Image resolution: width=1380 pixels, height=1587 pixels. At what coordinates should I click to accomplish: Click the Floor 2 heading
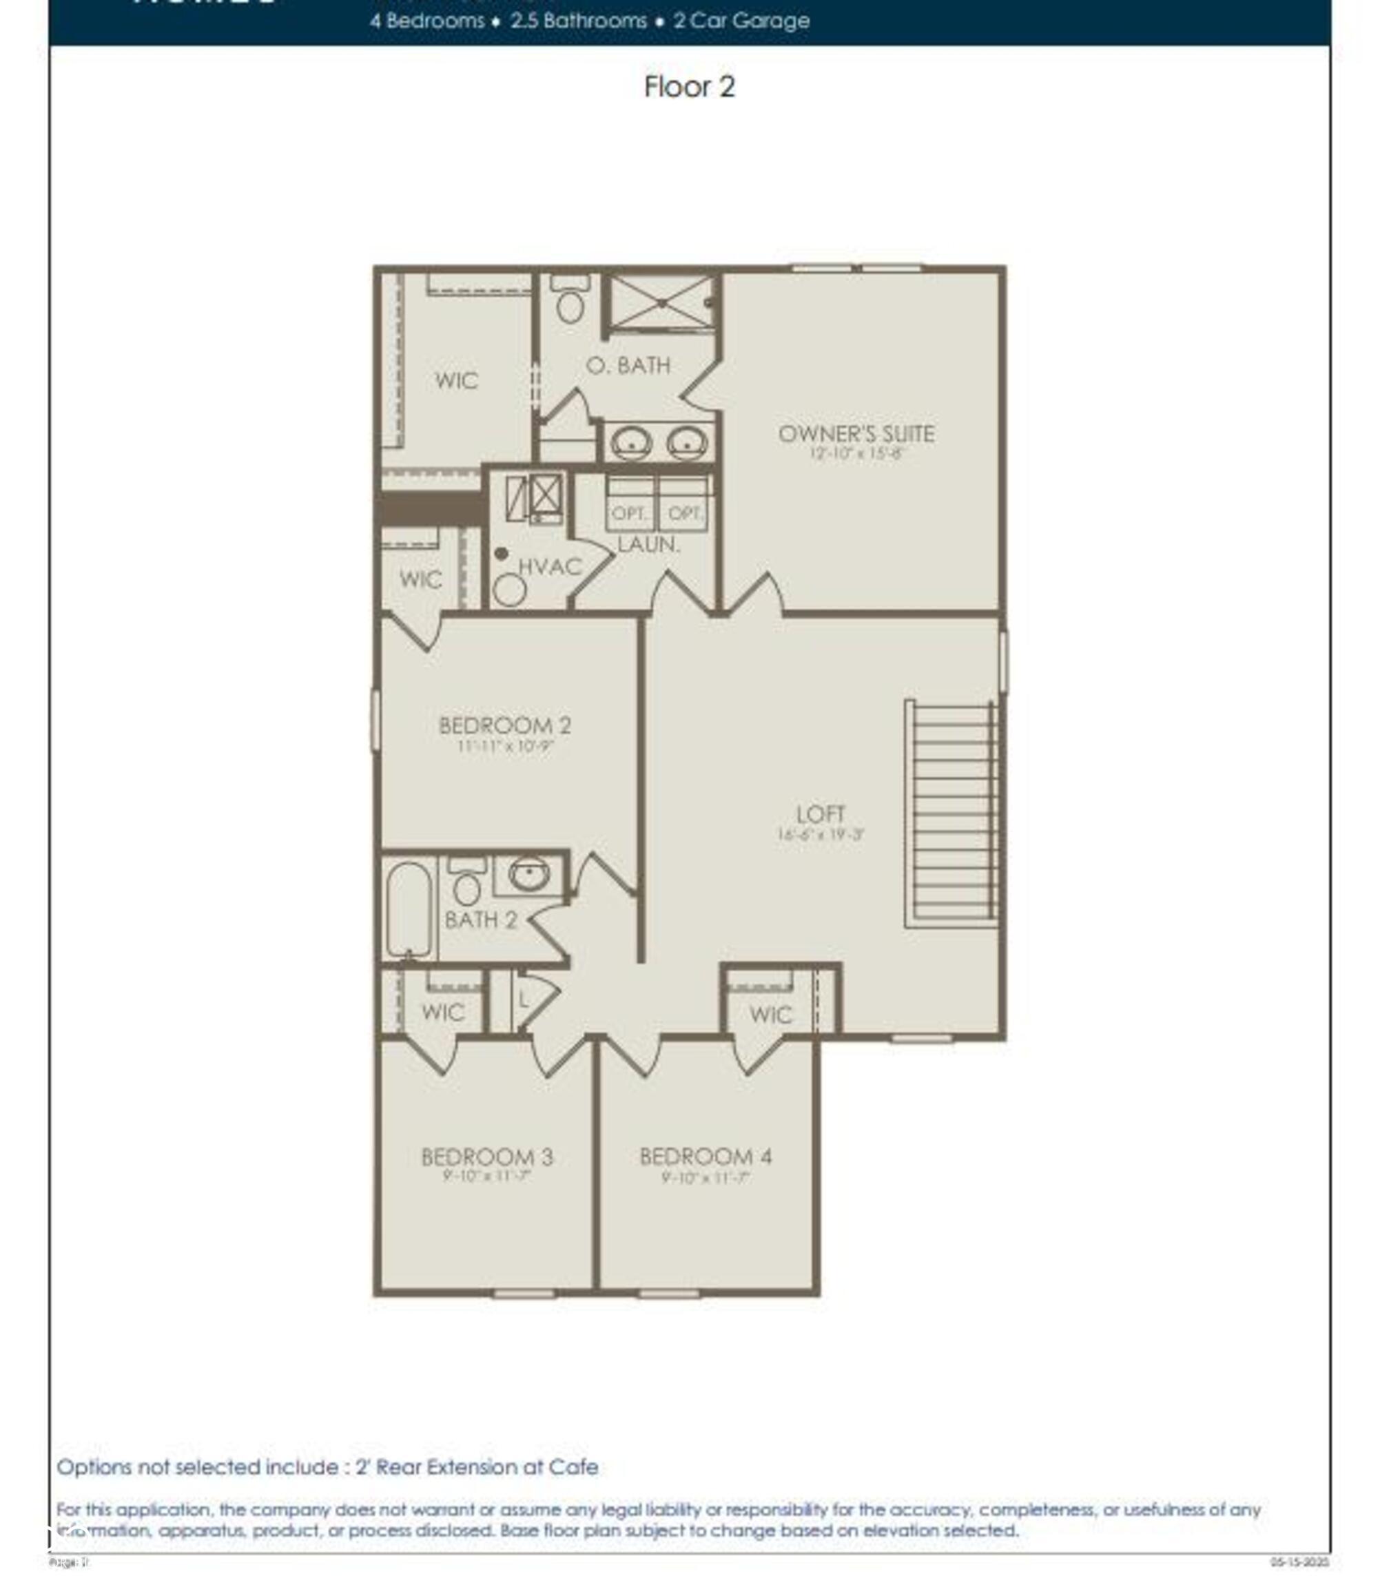(689, 86)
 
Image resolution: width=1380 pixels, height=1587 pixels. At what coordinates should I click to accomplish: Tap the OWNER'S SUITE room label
(856, 433)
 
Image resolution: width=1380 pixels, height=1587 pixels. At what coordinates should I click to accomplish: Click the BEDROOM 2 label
(504, 725)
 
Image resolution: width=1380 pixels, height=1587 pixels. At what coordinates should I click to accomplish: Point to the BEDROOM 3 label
(486, 1156)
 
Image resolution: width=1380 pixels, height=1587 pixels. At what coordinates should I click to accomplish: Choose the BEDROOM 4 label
(706, 1156)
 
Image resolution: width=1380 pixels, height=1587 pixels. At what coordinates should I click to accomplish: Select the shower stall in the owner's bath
(661, 302)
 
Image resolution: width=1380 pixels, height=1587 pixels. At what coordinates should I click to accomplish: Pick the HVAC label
(549, 567)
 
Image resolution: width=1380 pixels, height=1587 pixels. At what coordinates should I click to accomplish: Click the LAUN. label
(648, 544)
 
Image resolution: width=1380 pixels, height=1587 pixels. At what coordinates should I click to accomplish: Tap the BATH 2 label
(480, 920)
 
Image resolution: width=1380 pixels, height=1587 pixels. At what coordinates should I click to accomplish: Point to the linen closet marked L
(524, 1000)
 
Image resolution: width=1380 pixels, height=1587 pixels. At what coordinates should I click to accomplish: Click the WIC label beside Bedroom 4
(770, 1014)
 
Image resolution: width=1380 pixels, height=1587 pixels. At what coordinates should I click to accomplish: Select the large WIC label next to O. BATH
(456, 380)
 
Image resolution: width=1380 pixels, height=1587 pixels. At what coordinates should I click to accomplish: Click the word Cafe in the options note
(573, 1467)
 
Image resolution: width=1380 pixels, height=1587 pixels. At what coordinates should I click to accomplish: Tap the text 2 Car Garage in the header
(741, 21)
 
